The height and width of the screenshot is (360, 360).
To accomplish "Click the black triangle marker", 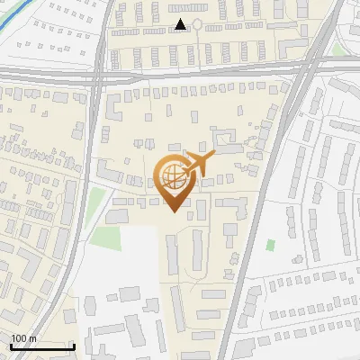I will click(x=181, y=24).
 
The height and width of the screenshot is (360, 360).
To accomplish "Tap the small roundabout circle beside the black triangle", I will click(x=197, y=24).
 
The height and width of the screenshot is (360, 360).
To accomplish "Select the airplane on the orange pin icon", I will click(x=199, y=165).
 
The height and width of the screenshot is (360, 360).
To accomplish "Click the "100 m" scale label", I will click(x=23, y=338).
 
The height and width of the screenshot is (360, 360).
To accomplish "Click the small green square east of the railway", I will click(x=270, y=245).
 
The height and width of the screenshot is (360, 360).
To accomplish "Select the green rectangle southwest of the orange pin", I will click(x=107, y=238).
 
